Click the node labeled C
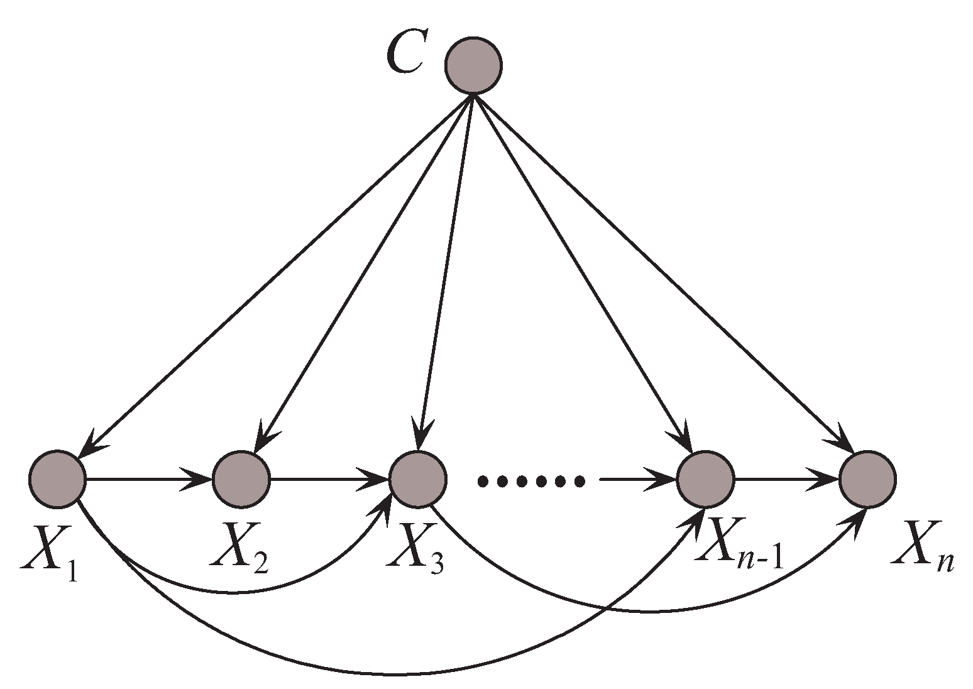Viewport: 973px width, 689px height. (x=473, y=65)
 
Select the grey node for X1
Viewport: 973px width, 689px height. (x=57, y=479)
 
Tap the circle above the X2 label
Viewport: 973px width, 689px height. (x=241, y=479)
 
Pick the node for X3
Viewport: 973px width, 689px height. (x=418, y=479)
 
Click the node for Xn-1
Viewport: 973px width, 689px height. (x=705, y=479)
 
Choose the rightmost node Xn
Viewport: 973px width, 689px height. (x=868, y=479)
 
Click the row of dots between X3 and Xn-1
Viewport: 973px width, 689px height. (x=531, y=482)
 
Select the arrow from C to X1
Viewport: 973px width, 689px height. (x=277, y=270)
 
